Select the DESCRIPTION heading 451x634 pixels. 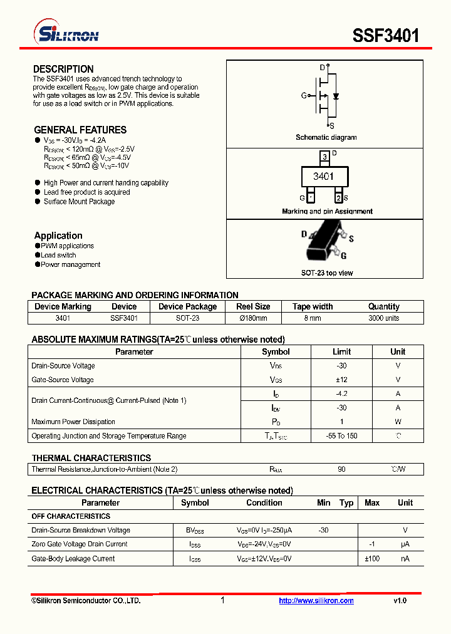click(x=63, y=69)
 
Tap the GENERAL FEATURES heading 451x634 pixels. click(x=80, y=130)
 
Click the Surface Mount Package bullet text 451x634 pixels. click(x=79, y=202)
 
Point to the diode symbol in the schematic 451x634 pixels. click(x=336, y=96)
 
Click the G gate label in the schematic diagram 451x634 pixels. click(x=304, y=96)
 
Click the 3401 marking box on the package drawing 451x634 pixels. click(x=323, y=177)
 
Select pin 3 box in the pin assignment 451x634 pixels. click(x=324, y=156)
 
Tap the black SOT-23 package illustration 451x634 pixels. click(x=324, y=247)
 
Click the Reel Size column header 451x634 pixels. click(x=253, y=306)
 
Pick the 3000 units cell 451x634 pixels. click(x=383, y=318)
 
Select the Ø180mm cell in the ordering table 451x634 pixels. click(x=253, y=318)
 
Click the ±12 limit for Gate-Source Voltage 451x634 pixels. click(x=341, y=380)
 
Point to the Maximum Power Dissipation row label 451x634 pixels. click(x=73, y=422)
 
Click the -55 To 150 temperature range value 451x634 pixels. click(x=341, y=436)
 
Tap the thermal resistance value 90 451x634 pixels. click(x=341, y=469)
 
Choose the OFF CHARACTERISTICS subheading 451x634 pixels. click(x=71, y=516)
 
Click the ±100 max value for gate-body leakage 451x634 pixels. click(x=372, y=558)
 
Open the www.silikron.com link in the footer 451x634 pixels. click(x=316, y=601)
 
